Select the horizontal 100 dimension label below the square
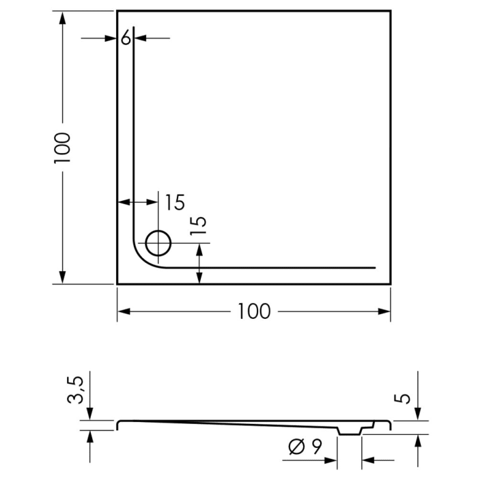(x=254, y=311)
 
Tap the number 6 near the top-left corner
(x=126, y=38)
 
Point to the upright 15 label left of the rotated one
(x=174, y=202)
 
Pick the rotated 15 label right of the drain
(x=198, y=225)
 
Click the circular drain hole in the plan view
(x=158, y=243)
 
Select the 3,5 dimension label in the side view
(x=79, y=390)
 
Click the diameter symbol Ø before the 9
(x=297, y=447)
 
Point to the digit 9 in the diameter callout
(x=316, y=447)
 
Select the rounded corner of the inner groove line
(x=141, y=259)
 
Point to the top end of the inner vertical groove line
(x=133, y=27)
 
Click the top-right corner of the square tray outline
(x=390, y=11)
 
